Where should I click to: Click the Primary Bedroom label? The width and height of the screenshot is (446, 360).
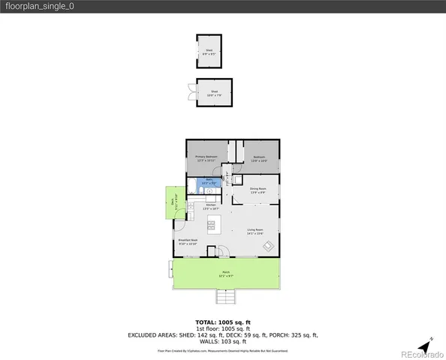206,158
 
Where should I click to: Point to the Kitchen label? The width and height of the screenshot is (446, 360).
211,207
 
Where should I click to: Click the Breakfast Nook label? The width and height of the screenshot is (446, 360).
188,242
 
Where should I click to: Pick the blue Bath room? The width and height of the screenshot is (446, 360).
209,181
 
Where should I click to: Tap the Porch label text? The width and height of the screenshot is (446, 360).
225,274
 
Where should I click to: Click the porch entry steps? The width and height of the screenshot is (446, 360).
225,298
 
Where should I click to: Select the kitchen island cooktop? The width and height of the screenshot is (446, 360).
211,224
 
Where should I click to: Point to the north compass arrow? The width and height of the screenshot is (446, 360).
426,347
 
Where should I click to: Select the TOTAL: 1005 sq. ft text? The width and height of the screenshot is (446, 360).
223,322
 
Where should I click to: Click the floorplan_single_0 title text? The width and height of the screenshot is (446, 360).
41,6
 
